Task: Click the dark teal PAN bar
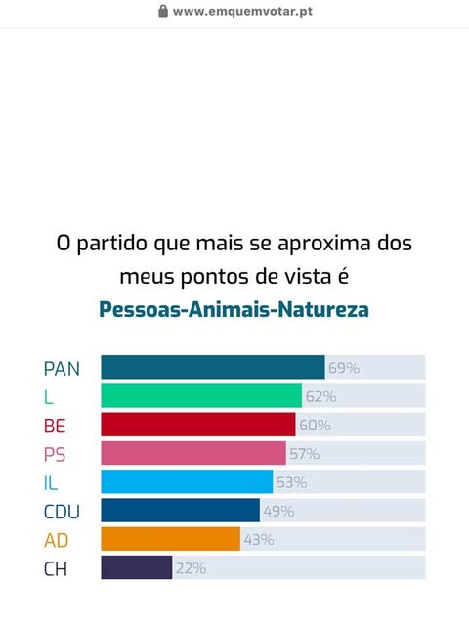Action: (213, 367)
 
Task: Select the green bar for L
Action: (201, 396)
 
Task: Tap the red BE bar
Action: (198, 425)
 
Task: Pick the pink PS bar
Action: (193, 453)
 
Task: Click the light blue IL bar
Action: (187, 481)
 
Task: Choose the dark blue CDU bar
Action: (180, 511)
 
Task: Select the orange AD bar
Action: (171, 539)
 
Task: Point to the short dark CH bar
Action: (137, 567)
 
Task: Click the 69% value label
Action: (344, 368)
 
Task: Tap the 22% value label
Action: (191, 568)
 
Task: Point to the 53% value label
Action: (292, 482)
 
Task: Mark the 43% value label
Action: (259, 540)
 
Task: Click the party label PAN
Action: (62, 369)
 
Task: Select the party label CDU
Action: (62, 512)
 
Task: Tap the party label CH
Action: (56, 569)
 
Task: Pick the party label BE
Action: (55, 426)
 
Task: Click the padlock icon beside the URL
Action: (163, 11)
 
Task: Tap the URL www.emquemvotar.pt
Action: (242, 12)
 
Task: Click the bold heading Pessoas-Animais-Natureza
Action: (234, 310)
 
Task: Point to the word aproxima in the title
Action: (324, 244)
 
